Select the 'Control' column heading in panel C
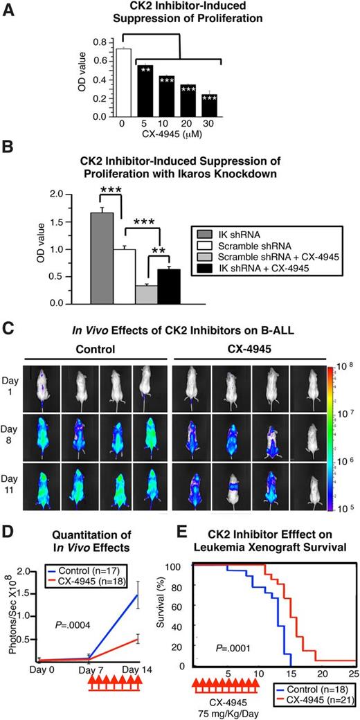pyautogui.click(x=95, y=349)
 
